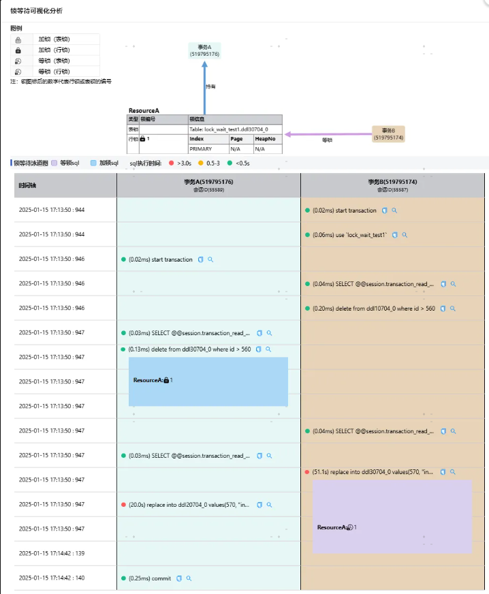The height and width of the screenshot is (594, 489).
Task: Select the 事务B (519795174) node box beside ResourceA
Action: click(388, 134)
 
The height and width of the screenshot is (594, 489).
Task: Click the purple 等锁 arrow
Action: click(327, 134)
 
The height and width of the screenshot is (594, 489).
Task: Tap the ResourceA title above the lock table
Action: click(144, 110)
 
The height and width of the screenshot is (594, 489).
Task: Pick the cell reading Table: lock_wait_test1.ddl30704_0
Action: click(234, 129)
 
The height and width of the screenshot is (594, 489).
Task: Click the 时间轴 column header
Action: click(28, 185)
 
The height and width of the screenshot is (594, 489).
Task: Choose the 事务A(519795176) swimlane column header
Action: click(208, 185)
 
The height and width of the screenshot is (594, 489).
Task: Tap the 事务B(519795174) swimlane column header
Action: click(392, 185)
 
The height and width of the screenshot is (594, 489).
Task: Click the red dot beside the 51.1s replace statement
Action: click(307, 471)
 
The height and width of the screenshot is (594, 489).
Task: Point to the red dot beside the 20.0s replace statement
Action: click(123, 505)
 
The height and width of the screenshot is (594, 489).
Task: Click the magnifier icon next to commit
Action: click(189, 578)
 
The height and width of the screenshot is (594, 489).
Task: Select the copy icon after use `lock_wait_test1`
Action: click(394, 235)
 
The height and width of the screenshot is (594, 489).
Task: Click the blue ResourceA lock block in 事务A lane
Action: click(208, 381)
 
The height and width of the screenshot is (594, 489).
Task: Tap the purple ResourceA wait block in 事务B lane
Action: click(392, 516)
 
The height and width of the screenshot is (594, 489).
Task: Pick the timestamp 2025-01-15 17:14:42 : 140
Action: click(52, 578)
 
